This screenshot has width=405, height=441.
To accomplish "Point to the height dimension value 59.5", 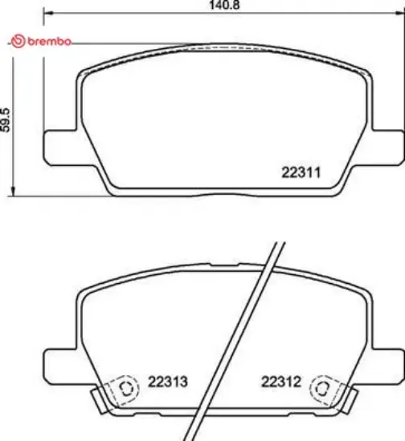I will click(6, 121).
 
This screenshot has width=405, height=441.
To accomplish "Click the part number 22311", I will click(301, 171).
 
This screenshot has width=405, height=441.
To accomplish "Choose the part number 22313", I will click(167, 382).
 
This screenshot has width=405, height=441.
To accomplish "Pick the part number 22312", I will click(280, 382).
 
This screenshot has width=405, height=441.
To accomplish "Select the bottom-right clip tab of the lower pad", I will click(350, 399).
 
